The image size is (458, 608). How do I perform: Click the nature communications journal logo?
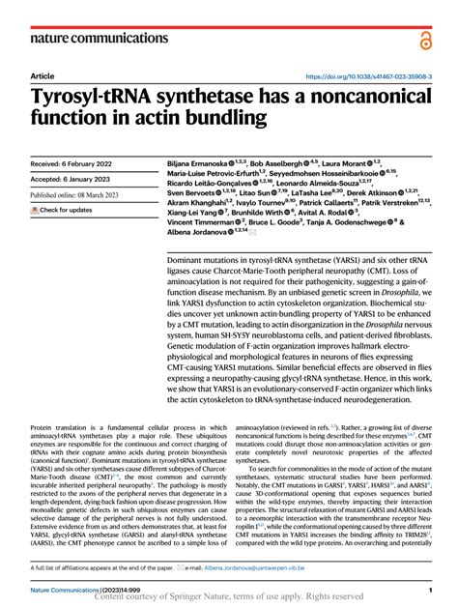point(87,38)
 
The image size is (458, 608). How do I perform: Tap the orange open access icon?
point(425,39)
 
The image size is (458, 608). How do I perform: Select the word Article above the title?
point(43,75)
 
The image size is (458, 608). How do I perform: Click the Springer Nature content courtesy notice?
point(229,599)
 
